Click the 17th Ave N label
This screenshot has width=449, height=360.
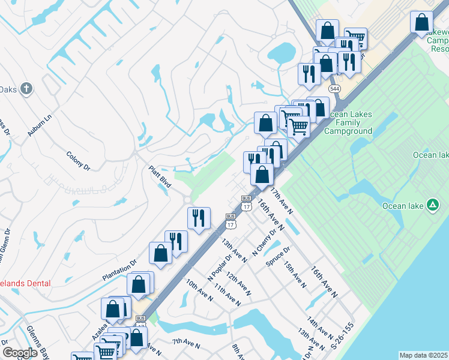pos(281,201)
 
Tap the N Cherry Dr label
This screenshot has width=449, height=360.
pos(265,242)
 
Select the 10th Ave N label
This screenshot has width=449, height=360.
pos(199,290)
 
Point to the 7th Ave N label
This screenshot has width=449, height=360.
pos(185,343)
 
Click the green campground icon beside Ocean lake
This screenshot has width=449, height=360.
pos(432,205)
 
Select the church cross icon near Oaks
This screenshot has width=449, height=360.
pos(26,89)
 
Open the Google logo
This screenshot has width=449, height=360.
pos(20,353)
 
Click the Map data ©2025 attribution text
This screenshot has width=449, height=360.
pos(423,355)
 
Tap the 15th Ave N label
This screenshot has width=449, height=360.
pos(295,274)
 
